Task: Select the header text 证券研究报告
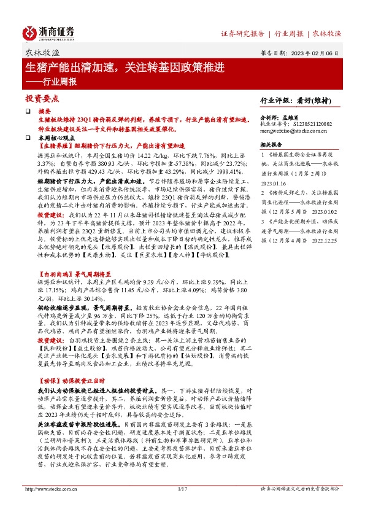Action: [242, 33]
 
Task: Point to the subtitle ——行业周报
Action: [52, 81]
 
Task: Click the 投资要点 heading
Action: [42, 98]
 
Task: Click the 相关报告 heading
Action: [272, 145]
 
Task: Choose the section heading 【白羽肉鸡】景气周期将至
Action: [74, 276]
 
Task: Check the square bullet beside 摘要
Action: [28, 109]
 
